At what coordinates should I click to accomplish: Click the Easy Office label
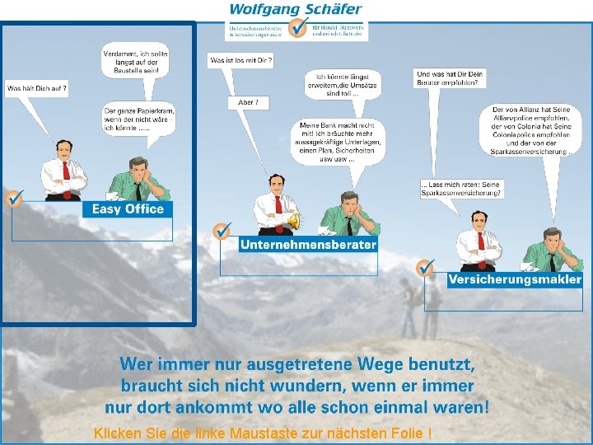click(128, 209)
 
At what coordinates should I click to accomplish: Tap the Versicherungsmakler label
click(515, 279)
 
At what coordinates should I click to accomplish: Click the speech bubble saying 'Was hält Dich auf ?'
click(36, 87)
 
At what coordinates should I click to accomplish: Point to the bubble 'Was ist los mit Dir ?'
click(241, 61)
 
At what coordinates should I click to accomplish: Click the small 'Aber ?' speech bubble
click(248, 102)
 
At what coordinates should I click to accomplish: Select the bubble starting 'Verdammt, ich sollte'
click(134, 63)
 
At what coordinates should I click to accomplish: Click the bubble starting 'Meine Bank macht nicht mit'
click(339, 142)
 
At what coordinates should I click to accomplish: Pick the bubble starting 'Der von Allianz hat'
click(530, 130)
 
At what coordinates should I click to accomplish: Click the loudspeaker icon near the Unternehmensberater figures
click(293, 221)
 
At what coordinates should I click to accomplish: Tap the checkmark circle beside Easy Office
click(14, 199)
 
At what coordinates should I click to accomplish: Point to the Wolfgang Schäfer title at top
click(295, 10)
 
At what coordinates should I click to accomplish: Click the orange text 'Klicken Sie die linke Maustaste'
click(263, 433)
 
